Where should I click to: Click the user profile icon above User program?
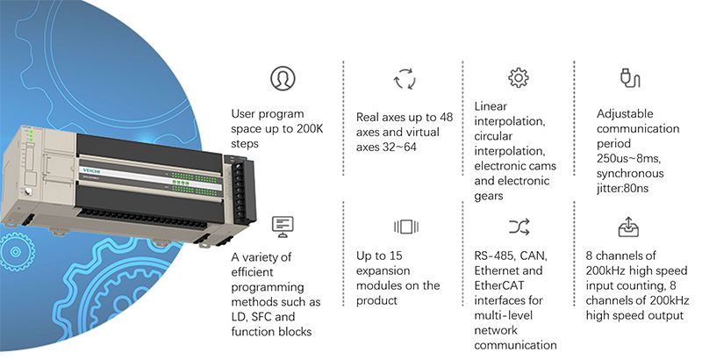(x=282, y=78)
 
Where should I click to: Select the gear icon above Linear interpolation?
(x=519, y=78)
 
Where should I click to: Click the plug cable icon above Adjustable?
(x=628, y=79)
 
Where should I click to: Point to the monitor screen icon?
(x=281, y=226)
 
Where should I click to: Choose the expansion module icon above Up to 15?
(x=405, y=227)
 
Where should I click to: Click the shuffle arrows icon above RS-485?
(x=519, y=227)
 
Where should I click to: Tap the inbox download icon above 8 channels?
(x=628, y=227)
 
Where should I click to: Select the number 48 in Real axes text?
(x=447, y=116)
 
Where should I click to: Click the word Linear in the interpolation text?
(x=491, y=106)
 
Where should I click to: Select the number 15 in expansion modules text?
(x=402, y=270)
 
